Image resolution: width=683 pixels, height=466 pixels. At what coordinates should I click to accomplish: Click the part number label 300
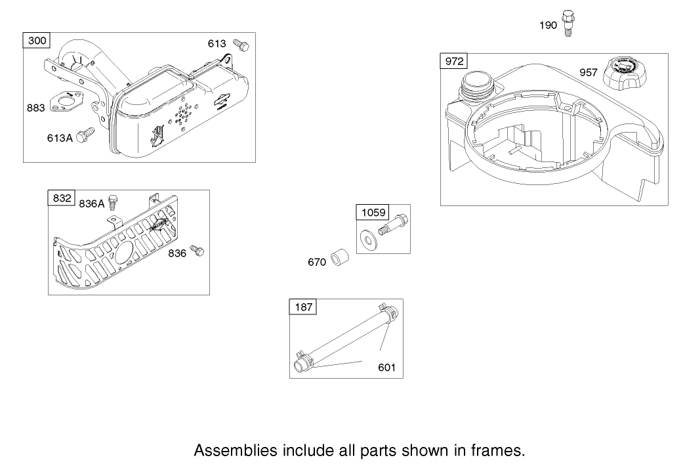tap(38, 41)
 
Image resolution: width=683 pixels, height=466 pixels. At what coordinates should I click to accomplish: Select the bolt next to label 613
tap(242, 45)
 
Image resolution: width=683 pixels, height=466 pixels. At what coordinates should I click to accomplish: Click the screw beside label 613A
tap(82, 136)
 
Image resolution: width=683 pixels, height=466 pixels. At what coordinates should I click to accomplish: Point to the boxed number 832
tap(62, 198)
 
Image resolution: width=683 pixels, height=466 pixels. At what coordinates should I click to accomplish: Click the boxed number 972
tap(454, 62)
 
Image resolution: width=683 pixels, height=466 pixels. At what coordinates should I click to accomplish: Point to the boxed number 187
tap(303, 307)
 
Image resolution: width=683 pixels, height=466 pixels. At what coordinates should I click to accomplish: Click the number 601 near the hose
tap(386, 367)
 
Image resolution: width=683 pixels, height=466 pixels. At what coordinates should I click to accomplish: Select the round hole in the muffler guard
tap(124, 253)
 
